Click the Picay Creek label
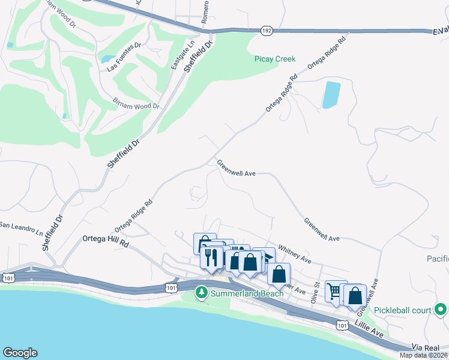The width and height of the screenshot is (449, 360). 276,59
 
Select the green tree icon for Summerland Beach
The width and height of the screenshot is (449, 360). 202,292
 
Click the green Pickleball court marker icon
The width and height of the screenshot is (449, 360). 441,310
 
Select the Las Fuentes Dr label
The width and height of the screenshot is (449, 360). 124,47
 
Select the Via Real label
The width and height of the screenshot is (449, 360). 426,347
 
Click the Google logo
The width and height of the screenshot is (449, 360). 20,353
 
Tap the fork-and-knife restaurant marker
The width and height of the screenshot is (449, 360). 211,258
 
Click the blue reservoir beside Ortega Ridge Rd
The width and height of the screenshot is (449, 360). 331,95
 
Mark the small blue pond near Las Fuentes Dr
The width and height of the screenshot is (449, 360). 109,59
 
